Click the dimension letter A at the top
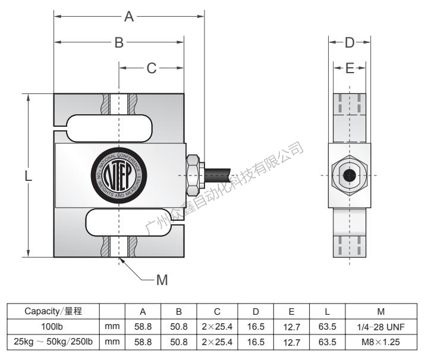point(129,17)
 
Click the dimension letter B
point(119,42)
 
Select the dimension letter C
point(152,68)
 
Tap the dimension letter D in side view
point(350,42)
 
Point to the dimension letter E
point(350,68)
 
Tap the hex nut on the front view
point(194,175)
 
